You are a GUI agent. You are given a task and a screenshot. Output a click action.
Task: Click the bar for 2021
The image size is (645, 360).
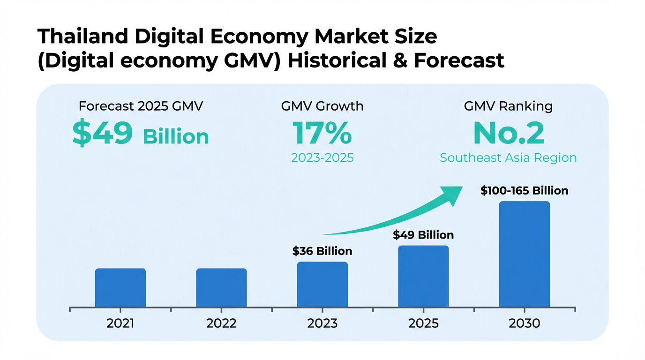pyautogui.click(x=120, y=288)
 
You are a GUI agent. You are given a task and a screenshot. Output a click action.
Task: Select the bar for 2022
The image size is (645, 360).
pyautogui.click(x=221, y=288)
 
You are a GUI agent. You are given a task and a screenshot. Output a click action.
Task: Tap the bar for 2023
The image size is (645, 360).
pyautogui.click(x=322, y=285)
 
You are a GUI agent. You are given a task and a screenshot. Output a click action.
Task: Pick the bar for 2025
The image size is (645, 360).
pyautogui.click(x=423, y=277)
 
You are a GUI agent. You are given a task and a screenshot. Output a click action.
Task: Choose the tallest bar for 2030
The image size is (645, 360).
pyautogui.click(x=524, y=254)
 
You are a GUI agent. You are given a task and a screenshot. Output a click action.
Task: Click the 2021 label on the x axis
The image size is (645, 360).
pyautogui.click(x=120, y=323)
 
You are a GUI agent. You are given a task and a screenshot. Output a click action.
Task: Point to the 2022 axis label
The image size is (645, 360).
pyautogui.click(x=221, y=323)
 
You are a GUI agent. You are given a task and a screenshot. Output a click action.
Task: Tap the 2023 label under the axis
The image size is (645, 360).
pyautogui.click(x=322, y=323)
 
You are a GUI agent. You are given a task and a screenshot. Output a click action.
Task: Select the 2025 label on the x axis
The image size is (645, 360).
pyautogui.click(x=423, y=323)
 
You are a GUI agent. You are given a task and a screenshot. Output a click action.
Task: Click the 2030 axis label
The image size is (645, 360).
pyautogui.click(x=524, y=323)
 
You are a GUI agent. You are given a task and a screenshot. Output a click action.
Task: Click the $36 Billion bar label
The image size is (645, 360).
pyautogui.click(x=322, y=251)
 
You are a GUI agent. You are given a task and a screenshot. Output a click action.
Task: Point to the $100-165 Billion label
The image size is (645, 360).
pyautogui.click(x=524, y=191)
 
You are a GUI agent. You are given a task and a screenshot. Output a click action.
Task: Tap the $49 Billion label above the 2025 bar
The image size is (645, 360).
pyautogui.click(x=423, y=235)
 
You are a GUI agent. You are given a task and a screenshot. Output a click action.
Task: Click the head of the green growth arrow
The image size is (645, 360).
pyautogui.click(x=452, y=194)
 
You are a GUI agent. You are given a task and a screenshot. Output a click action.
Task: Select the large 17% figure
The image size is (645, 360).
pyautogui.click(x=322, y=133)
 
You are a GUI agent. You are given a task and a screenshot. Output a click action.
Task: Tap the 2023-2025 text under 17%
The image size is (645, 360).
pyautogui.click(x=322, y=158)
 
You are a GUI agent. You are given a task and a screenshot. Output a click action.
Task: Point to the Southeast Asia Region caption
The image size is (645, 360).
pyautogui.click(x=508, y=158)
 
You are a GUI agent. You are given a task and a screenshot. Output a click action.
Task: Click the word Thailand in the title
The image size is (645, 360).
pyautogui.click(x=80, y=37)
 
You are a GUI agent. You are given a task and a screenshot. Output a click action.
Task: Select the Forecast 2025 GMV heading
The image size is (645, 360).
pyautogui.click(x=141, y=106)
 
